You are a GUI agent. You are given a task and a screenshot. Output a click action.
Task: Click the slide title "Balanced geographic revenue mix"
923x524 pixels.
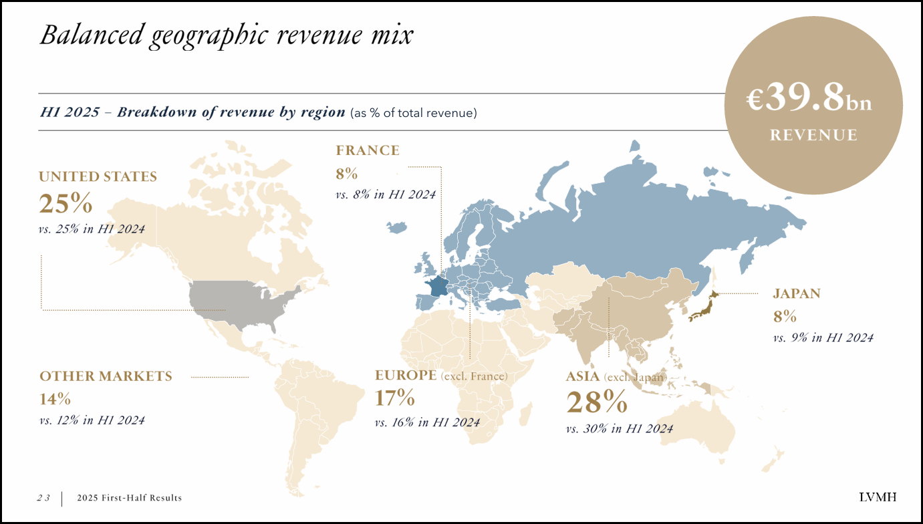pos(226,35)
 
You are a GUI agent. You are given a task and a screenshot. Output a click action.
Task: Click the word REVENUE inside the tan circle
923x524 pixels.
pos(813,135)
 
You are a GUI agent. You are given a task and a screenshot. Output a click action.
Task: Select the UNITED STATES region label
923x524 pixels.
pos(98,176)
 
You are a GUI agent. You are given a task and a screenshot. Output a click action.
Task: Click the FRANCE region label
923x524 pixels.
pos(368,150)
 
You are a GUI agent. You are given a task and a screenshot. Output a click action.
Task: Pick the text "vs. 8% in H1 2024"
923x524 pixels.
pos(385,194)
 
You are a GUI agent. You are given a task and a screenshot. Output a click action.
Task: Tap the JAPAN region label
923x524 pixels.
pos(797,293)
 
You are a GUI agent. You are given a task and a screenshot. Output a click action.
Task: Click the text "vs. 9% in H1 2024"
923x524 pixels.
pos(823,338)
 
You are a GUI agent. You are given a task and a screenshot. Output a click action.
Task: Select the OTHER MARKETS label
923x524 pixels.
pos(106,376)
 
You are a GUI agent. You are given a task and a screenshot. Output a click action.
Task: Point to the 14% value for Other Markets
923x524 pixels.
pos(55,399)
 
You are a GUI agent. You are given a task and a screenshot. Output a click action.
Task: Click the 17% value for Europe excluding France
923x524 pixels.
pos(394,398)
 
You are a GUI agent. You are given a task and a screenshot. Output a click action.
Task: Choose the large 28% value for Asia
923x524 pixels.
pos(596,402)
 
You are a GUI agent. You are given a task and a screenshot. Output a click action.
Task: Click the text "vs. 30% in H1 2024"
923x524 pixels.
pos(619,428)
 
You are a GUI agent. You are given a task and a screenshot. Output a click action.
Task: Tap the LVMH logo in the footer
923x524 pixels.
pos(878,497)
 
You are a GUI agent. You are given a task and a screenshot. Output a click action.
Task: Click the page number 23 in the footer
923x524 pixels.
pos(43,498)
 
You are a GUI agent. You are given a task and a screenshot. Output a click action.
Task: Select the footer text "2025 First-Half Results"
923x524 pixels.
pos(129,498)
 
